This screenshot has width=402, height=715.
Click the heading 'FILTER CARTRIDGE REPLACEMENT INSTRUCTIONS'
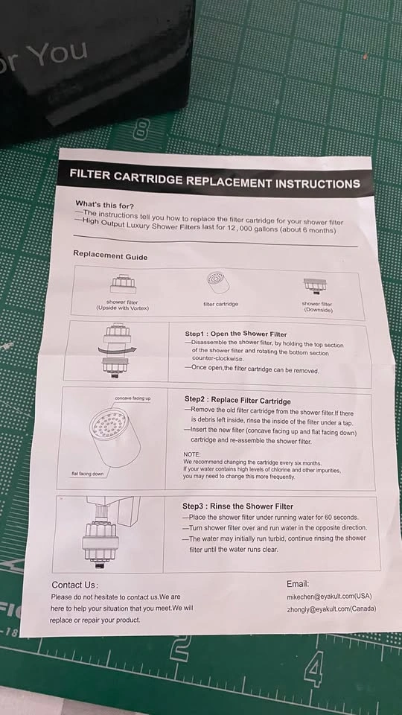[x=214, y=179]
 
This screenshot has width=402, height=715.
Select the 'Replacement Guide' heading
[x=110, y=255]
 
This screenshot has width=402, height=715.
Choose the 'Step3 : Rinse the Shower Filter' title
[x=237, y=506]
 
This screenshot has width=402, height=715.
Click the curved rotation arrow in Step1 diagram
[x=117, y=350]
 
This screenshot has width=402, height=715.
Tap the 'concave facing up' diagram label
[x=133, y=398]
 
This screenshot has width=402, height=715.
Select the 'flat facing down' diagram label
[x=88, y=474]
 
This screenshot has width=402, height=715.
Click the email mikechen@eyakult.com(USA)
[x=329, y=597]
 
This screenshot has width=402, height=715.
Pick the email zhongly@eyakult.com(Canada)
[x=331, y=609]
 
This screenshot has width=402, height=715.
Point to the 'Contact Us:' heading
[x=74, y=585]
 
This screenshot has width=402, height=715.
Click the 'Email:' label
[x=298, y=584]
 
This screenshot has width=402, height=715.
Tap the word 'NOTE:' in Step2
[x=191, y=454]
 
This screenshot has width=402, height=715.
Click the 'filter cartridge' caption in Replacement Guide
[x=220, y=304]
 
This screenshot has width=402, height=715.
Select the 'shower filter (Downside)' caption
[x=317, y=306]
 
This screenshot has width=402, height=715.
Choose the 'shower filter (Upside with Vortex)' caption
[x=122, y=305]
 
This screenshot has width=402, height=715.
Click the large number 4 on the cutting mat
[x=314, y=669]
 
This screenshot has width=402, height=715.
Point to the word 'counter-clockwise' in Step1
[x=214, y=359]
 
